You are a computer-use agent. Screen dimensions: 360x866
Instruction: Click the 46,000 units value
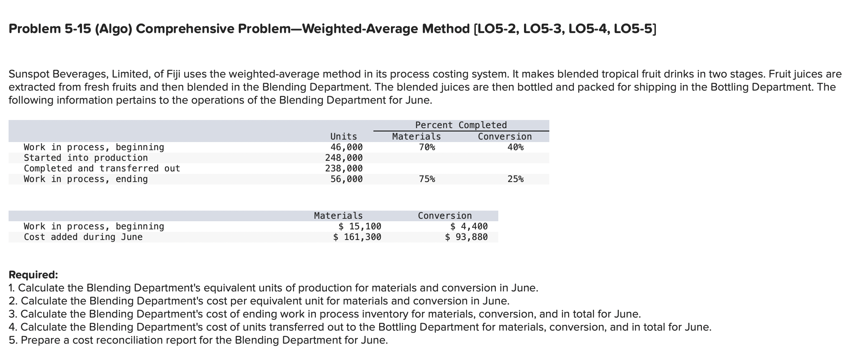(x=346, y=147)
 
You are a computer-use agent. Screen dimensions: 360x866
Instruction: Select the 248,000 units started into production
(x=344, y=158)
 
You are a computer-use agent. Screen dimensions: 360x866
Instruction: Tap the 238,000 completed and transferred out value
(x=344, y=169)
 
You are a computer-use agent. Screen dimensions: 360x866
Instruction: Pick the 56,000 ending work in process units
(x=346, y=179)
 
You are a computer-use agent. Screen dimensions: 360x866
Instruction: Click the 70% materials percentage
(x=427, y=147)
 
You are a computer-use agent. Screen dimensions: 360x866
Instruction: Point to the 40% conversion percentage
(x=515, y=147)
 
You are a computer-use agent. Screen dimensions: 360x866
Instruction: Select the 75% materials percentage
(x=427, y=179)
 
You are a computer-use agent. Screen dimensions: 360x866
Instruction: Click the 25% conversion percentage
(x=515, y=179)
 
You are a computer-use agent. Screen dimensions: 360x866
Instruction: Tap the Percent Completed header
(x=461, y=125)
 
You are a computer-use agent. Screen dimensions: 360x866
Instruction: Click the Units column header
(x=343, y=137)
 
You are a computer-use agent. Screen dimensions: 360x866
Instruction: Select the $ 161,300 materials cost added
(x=357, y=237)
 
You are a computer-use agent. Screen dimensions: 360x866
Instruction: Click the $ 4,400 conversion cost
(x=469, y=227)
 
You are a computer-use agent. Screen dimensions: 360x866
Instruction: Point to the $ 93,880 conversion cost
(x=466, y=237)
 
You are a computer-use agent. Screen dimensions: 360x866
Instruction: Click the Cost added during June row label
(x=83, y=237)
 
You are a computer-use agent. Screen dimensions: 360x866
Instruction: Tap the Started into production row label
(x=86, y=158)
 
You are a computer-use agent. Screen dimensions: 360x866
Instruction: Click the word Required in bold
(x=33, y=275)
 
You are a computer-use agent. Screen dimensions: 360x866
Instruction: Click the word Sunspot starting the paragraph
(x=29, y=74)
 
